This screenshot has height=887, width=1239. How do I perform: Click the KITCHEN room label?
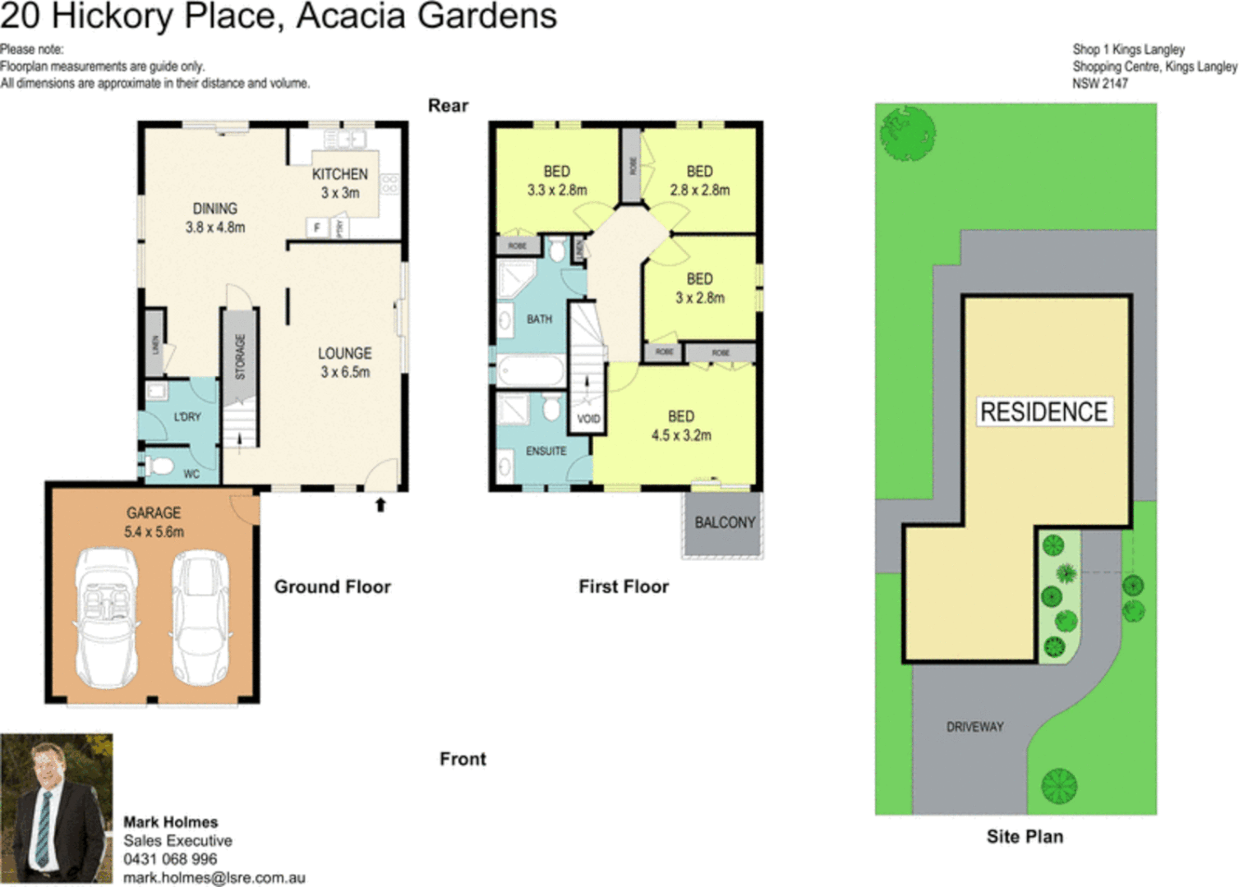[x=339, y=174]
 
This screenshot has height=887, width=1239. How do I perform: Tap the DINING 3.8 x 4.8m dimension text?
[x=215, y=227]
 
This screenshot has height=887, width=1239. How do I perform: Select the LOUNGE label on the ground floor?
[x=344, y=353]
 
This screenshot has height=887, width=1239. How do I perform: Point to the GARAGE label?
[x=154, y=512]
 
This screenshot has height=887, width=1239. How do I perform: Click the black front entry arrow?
[x=380, y=504]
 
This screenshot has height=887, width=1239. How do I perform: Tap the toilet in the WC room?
[x=159, y=467]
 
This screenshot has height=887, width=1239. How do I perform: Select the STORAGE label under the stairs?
[x=240, y=356]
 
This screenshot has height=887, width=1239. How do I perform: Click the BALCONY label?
[x=724, y=522]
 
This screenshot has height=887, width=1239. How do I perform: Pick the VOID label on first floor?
[x=588, y=419]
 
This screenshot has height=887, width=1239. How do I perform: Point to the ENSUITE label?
[x=546, y=451]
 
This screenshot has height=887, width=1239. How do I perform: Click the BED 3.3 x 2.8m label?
[x=556, y=181]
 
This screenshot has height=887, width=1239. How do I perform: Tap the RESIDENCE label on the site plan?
[x=1043, y=411]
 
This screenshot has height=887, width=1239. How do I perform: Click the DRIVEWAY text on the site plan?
[x=974, y=727]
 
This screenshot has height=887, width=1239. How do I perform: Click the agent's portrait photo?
[x=57, y=808]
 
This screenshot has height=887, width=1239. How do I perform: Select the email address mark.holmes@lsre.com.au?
[x=214, y=877]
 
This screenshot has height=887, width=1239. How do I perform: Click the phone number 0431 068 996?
[x=170, y=859]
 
